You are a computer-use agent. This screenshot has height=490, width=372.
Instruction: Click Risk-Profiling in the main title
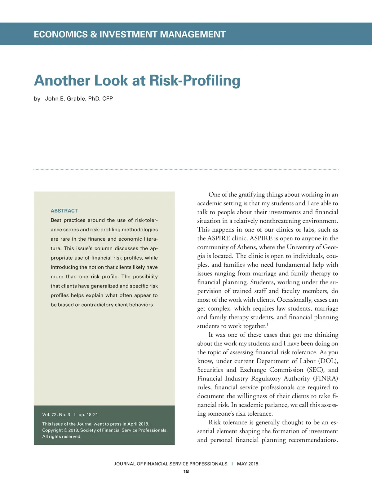coord(195,81)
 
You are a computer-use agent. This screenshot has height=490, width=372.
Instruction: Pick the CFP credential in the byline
coord(108,99)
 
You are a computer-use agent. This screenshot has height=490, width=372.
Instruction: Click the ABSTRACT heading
coord(64,211)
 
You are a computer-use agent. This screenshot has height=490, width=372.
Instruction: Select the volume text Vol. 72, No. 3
coord(56,415)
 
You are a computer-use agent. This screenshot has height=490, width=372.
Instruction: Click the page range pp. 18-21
coord(88,415)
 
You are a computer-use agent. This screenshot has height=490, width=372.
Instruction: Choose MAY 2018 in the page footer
coord(247,464)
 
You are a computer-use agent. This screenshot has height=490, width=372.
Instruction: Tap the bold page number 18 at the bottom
coord(186,471)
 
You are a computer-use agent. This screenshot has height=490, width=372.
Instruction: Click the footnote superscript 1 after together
coord(267,324)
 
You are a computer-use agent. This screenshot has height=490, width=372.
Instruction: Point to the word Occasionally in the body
coord(294,300)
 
